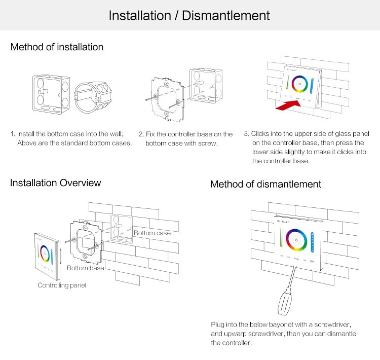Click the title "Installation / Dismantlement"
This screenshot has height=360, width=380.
189,15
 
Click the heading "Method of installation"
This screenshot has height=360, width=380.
57,47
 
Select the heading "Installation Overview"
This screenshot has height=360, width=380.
56,183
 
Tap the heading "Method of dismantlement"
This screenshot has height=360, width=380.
265,184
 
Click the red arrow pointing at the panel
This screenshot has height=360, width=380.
285,105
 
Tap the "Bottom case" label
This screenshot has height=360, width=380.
152,233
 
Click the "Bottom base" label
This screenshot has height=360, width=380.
86,268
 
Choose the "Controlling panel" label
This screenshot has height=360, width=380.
62,285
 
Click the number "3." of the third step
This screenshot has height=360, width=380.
247,134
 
